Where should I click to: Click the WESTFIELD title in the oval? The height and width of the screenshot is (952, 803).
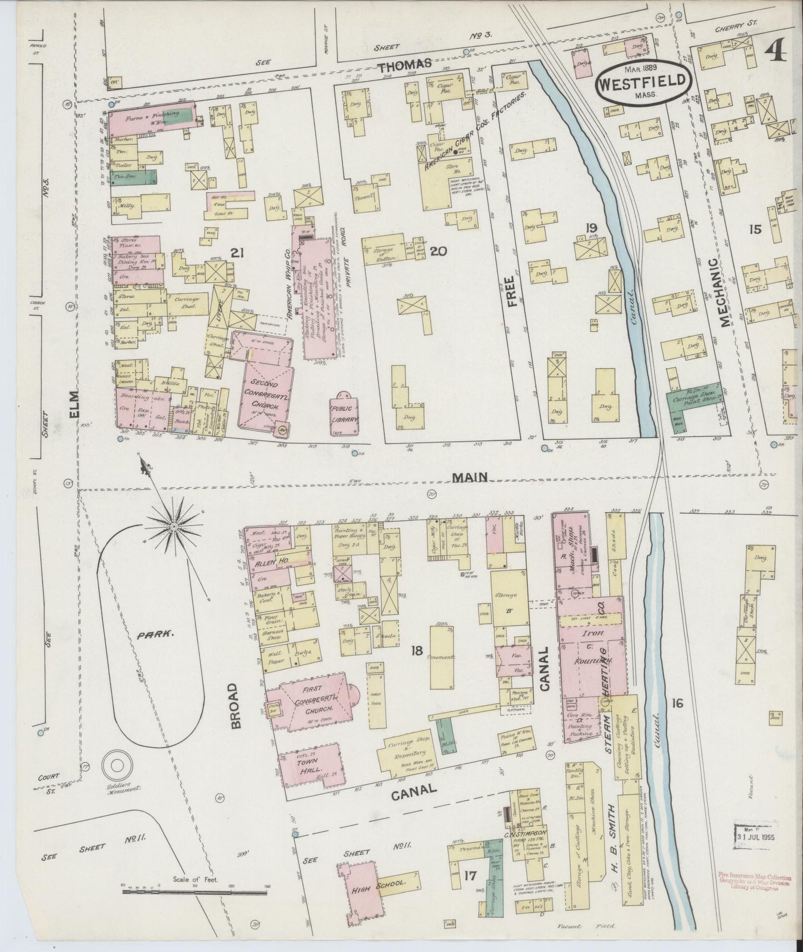(643, 84)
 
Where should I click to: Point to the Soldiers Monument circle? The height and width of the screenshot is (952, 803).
(117, 766)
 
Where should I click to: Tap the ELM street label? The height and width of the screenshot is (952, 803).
(76, 404)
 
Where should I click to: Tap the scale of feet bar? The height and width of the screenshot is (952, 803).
(195, 892)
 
